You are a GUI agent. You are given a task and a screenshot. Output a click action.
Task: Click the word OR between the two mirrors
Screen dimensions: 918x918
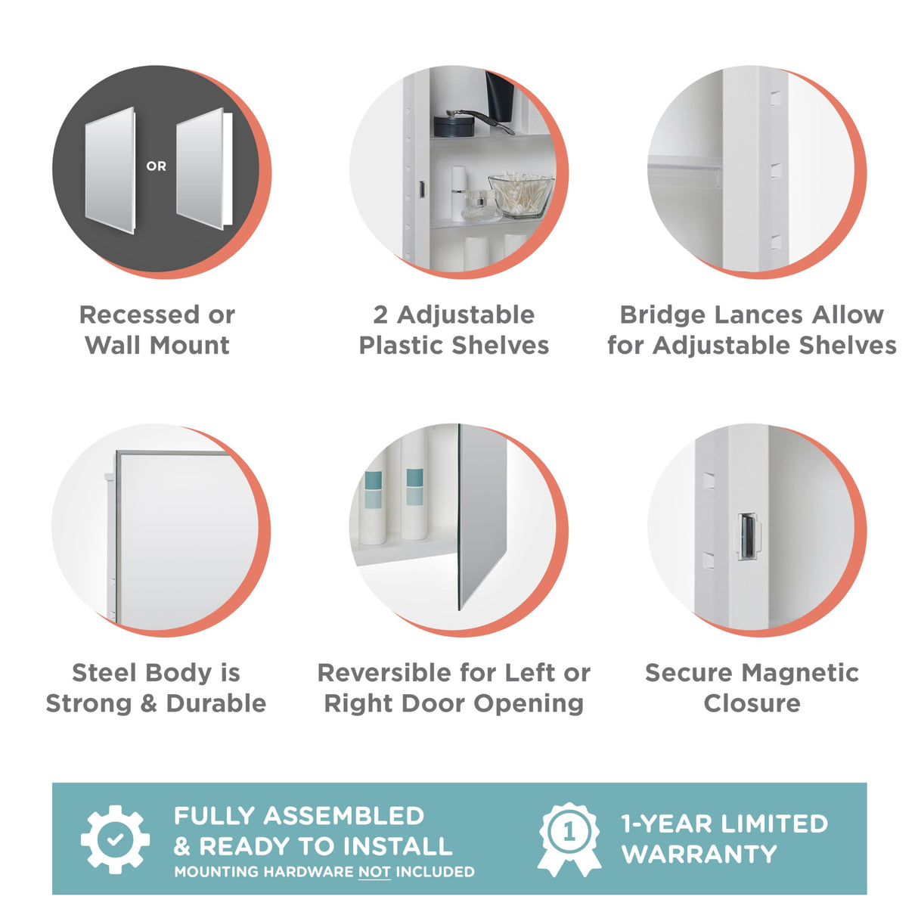(x=157, y=166)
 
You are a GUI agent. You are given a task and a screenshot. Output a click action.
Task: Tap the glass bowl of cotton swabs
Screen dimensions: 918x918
(x=521, y=195)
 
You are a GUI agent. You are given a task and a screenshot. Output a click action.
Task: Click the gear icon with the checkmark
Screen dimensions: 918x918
(x=115, y=839)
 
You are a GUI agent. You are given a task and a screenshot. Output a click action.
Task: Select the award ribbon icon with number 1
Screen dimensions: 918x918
(x=569, y=838)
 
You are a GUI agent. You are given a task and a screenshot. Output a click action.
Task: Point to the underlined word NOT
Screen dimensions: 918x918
(x=374, y=872)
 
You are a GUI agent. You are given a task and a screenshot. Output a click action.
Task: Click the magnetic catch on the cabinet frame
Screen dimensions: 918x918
(x=749, y=536)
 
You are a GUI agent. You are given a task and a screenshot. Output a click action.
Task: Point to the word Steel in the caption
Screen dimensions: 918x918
(x=104, y=672)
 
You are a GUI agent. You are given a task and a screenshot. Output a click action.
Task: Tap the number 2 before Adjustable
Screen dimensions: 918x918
(x=380, y=315)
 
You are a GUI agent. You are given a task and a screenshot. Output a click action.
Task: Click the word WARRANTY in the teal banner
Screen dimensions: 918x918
(x=699, y=854)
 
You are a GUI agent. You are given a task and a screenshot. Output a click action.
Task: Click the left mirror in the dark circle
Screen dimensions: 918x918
(x=110, y=170)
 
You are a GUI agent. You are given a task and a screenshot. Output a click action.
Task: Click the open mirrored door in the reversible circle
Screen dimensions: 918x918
(x=482, y=514)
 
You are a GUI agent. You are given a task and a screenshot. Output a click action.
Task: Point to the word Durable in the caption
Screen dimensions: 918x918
(x=216, y=703)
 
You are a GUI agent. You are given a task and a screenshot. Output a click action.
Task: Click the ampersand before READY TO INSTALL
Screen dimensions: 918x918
(x=182, y=847)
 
